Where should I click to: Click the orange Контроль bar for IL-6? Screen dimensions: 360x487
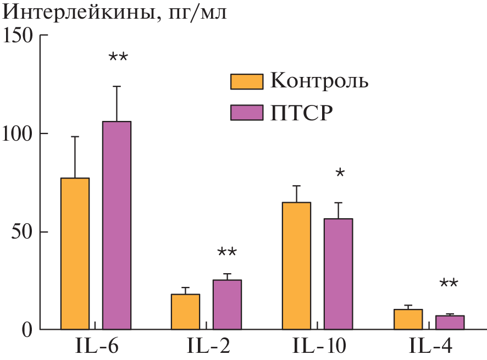tap(75, 254)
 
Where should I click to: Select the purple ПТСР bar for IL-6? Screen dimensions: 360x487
tap(117, 225)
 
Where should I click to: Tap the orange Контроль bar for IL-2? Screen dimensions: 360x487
tap(185, 312)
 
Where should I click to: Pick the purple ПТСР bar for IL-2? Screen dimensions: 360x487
tap(227, 305)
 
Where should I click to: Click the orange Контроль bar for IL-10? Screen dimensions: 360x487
tap(296, 266)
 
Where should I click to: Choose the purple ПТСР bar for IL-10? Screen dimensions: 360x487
tap(338, 274)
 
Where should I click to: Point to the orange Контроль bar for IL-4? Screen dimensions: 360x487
tap(408, 319)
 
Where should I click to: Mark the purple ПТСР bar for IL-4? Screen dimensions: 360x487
tap(450, 323)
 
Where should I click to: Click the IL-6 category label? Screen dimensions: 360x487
tap(97, 347)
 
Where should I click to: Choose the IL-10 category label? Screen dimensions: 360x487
tap(319, 347)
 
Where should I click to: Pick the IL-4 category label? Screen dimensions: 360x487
tap(430, 347)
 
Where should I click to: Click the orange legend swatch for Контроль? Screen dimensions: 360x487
tap(246, 81)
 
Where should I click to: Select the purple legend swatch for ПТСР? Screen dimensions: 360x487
tap(246, 113)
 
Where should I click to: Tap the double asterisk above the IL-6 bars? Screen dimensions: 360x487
tap(118, 57)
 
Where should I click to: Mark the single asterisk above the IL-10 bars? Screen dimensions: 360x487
tap(340, 174)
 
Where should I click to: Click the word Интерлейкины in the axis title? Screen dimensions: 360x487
tap(77, 12)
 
